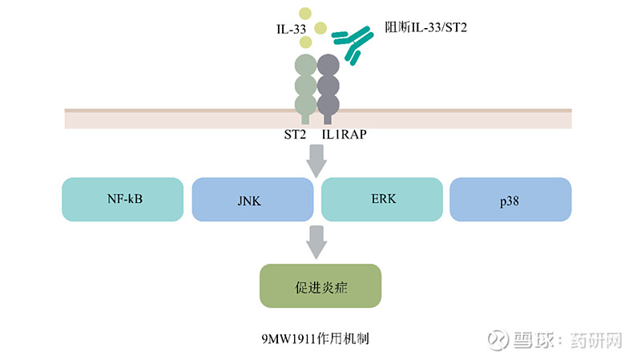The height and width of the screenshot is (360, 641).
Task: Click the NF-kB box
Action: point(123,199)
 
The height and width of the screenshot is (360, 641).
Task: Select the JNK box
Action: point(252,199)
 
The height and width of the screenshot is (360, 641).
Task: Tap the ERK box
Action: point(381,199)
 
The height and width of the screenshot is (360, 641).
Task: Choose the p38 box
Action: point(510,199)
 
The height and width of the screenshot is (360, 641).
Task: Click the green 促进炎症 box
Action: point(320,286)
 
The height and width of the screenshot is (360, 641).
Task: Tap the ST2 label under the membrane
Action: point(294,136)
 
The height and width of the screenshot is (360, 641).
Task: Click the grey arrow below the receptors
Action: point(317,163)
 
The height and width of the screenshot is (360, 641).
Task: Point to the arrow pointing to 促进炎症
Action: point(317,241)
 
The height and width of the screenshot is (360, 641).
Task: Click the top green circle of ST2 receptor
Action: point(305,65)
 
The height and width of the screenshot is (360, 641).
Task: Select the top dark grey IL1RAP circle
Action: point(329,65)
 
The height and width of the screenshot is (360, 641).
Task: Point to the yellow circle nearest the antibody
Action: point(321,30)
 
